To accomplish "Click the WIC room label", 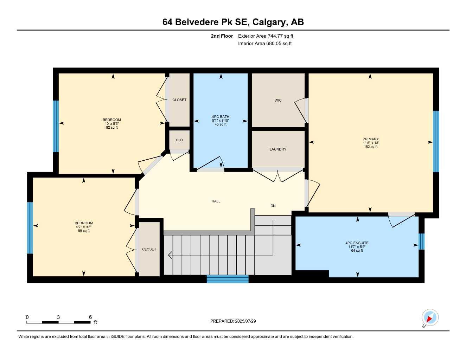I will (278, 101).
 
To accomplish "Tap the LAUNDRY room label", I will (278, 149).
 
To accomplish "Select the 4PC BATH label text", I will (221, 117).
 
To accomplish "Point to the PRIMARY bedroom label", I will (371, 139).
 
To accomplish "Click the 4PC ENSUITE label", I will (357, 243).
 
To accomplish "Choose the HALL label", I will (216, 201).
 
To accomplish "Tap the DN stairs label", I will (273, 206).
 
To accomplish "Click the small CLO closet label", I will (179, 140).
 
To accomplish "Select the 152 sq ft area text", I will (371, 147).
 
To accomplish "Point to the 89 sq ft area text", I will (84, 231).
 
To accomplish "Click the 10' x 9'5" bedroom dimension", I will (112, 124).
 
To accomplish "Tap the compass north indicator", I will (429, 318).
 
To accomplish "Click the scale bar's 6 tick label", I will (90, 317).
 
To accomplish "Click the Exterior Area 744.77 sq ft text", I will (266, 36).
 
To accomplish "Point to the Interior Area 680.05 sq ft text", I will (265, 44).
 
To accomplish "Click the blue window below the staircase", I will (228, 279).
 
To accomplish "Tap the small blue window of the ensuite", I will (422, 242).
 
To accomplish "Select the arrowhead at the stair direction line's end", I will (171, 255).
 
